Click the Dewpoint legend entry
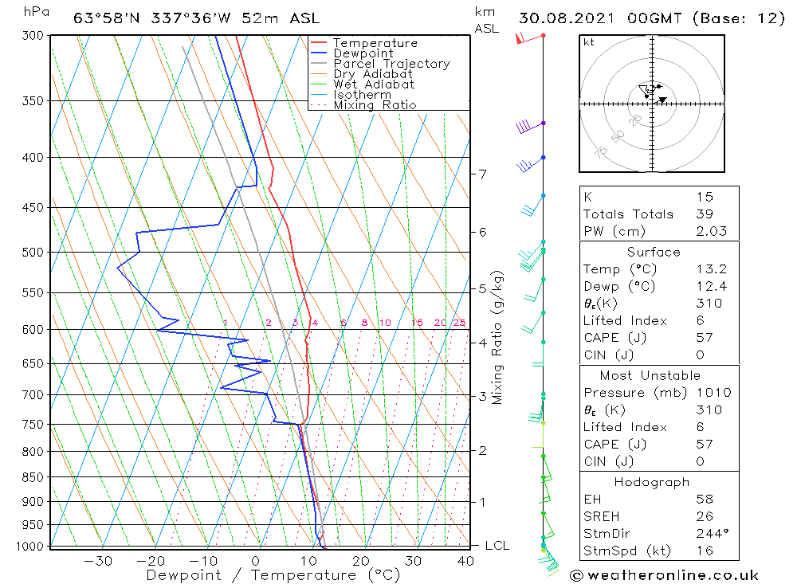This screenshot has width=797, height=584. pyautogui.click(x=363, y=53)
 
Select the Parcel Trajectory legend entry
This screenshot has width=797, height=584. pyautogui.click(x=391, y=64)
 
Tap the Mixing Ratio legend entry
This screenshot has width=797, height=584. pyautogui.click(x=375, y=104)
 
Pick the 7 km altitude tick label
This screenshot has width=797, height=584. pyautogui.click(x=483, y=174)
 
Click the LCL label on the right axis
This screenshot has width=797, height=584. pyautogui.click(x=497, y=546)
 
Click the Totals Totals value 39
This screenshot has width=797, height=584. pyautogui.click(x=705, y=214)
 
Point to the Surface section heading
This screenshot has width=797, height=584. pyautogui.click(x=654, y=252)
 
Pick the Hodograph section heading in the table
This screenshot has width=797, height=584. pyautogui.click(x=653, y=482)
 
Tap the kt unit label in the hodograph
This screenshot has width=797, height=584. pyautogui.click(x=589, y=42)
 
